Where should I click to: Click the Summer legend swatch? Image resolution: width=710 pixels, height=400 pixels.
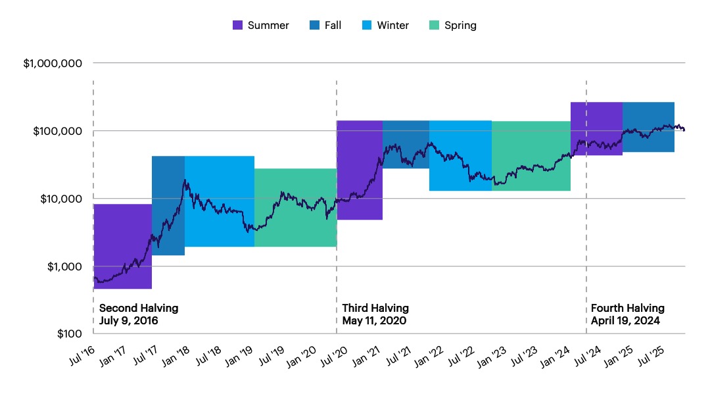(x=238, y=26)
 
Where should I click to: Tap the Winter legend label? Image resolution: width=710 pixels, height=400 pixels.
(x=392, y=26)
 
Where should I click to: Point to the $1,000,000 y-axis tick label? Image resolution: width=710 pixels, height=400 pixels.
(x=53, y=64)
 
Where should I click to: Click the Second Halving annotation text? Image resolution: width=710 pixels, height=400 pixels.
(x=139, y=308)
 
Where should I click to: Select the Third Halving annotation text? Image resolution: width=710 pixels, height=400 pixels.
(x=375, y=308)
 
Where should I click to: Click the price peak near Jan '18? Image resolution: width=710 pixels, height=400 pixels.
(x=185, y=180)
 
